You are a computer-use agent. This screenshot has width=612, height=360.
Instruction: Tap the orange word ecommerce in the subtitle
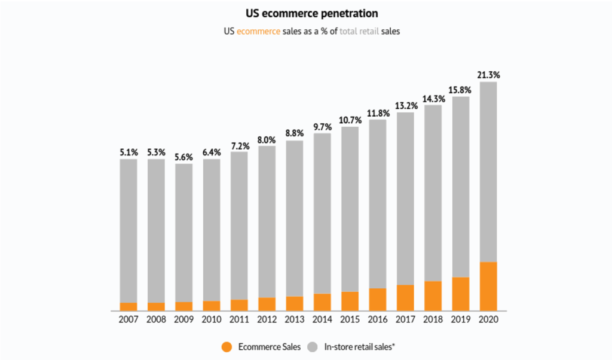(x=258, y=31)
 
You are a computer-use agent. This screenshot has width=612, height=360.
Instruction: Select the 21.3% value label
(x=488, y=75)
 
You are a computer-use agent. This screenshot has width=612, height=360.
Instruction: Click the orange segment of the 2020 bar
(x=488, y=286)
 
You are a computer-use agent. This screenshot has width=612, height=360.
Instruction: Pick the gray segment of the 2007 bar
(x=128, y=230)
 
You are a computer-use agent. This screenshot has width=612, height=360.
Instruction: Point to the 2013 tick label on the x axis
(x=295, y=319)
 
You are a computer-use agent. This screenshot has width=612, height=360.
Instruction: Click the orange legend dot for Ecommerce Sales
(x=226, y=346)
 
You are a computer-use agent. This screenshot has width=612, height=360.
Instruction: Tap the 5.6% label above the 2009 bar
(x=184, y=157)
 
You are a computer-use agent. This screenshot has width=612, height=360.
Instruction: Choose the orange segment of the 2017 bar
(x=405, y=297)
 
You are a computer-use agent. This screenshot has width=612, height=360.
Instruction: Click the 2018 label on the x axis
(x=433, y=319)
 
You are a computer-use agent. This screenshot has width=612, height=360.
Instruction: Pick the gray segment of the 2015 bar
(x=350, y=209)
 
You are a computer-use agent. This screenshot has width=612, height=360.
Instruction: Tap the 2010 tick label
(x=212, y=319)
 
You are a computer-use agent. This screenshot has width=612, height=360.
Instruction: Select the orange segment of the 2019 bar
(x=460, y=294)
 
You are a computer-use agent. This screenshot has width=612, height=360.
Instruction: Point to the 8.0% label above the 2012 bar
(x=267, y=140)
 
